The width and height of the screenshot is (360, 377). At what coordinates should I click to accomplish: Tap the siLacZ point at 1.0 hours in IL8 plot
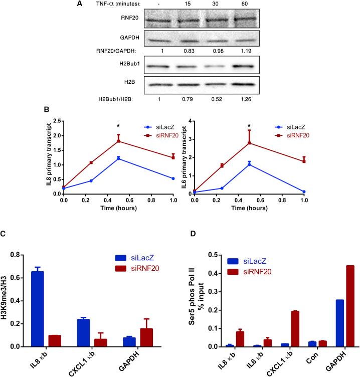[172, 178]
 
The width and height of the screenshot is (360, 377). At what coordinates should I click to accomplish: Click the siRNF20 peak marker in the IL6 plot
[249, 143]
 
